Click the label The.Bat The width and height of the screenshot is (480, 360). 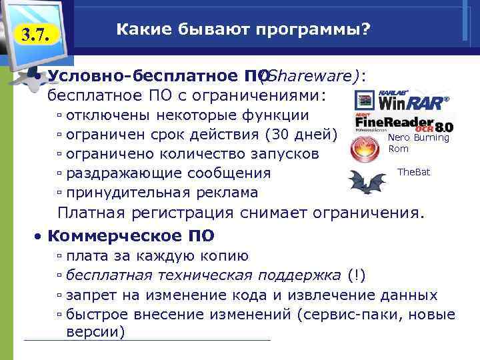(x=413, y=172)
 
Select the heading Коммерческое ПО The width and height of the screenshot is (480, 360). (x=132, y=236)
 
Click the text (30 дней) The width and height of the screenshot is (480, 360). (x=303, y=134)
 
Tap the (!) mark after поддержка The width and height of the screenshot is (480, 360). (x=356, y=275)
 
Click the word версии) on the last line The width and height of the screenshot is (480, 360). (x=96, y=332)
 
